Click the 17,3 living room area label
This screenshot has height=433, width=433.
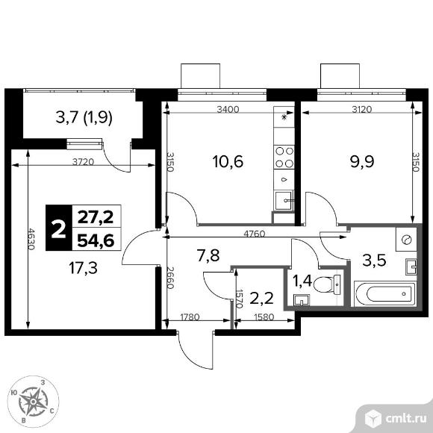pos(84,268)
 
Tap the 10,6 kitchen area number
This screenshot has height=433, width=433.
pos(228,162)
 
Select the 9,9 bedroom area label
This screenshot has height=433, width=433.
pos(362,162)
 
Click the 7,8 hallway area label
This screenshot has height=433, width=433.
pos(208,256)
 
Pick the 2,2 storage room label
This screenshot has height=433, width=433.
pos(261,298)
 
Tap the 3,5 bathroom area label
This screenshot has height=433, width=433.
pos(374,261)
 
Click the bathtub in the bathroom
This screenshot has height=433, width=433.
pos(385,293)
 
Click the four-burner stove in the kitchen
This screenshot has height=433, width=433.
pos(284,157)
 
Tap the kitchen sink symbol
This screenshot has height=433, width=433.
pos(284,200)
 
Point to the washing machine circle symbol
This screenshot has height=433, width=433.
pos(407,240)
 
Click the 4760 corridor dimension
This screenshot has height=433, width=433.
pos(255,234)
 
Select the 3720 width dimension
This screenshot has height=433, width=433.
pos(83,161)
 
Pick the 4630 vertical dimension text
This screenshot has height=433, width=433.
pos(31,239)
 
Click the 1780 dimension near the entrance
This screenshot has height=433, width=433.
pos(190,317)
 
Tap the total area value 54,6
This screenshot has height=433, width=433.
pos(96,240)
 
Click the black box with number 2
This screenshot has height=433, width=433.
pos(59,228)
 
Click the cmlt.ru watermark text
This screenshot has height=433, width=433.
pos(405,419)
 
